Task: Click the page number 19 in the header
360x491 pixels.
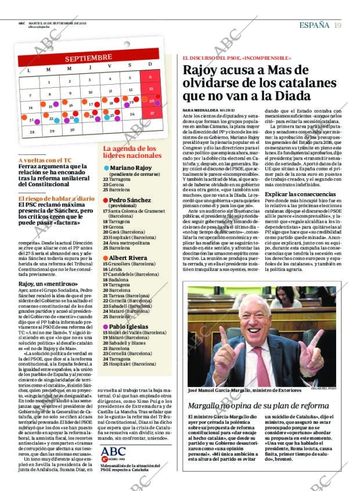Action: [337, 25]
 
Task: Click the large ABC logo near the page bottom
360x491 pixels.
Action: [113, 452]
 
